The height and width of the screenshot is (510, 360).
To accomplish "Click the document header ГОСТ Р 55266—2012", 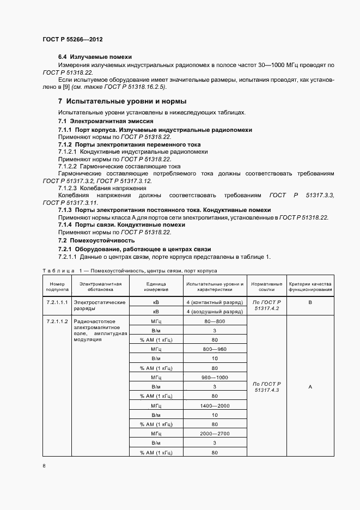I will tap(72, 40).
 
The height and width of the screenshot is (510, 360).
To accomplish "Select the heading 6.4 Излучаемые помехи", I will tap(95, 57).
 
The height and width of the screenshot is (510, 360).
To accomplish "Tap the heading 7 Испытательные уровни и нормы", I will tap(122, 101).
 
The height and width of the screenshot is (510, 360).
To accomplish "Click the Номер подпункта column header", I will tap(57, 287).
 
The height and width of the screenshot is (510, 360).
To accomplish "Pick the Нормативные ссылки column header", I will tap(266, 287).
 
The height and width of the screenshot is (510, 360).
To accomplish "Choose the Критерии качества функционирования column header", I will tap(310, 287).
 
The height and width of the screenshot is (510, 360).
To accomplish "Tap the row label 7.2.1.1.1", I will tap(57, 302).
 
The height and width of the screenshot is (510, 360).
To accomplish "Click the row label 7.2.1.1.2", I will tap(57, 321).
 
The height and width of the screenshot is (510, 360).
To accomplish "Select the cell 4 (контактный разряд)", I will tap(215, 302).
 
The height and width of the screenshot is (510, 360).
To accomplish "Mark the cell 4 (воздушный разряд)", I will tap(215, 312).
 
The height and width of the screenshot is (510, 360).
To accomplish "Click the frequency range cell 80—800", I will tap(215, 321).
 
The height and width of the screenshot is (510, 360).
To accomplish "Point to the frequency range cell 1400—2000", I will tap(215, 406).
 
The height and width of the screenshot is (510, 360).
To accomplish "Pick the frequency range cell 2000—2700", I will tap(215, 434).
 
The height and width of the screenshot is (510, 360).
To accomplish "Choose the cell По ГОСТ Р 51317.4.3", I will tap(266, 387).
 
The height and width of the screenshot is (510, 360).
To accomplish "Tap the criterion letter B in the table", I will tap(310, 301).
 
